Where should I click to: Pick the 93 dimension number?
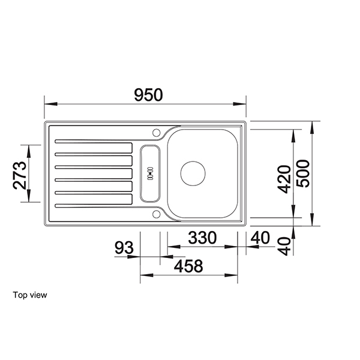(x=124, y=247)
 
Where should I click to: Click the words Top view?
(x=29, y=295)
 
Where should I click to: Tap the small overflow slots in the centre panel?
(x=150, y=173)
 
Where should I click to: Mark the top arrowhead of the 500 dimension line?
(x=313, y=125)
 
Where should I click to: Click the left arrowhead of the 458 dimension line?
(x=143, y=275)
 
